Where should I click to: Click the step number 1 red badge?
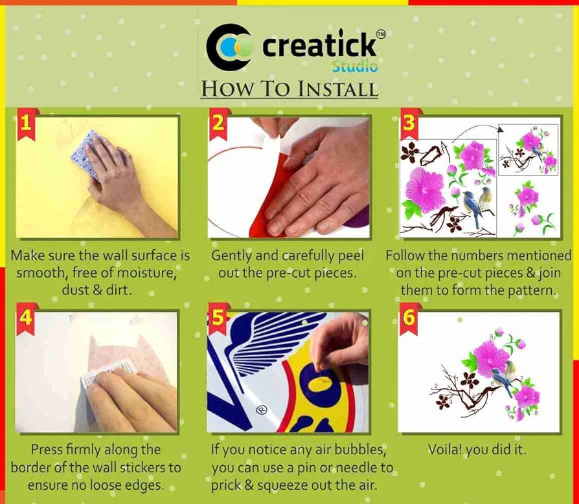pyautogui.click(x=25, y=124)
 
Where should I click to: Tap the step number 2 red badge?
pyautogui.click(x=218, y=124)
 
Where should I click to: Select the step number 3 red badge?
pyautogui.click(x=409, y=124)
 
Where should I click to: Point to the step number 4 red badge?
pyautogui.click(x=25, y=318)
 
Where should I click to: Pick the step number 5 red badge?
pyautogui.click(x=218, y=318)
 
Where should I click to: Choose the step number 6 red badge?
pyautogui.click(x=409, y=318)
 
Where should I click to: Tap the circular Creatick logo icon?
pyautogui.click(x=229, y=47)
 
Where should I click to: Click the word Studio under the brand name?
pyautogui.click(x=354, y=67)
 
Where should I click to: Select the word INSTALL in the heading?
pyautogui.click(x=338, y=89)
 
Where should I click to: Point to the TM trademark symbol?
pyautogui.click(x=380, y=34)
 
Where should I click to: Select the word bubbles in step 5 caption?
pyautogui.click(x=361, y=450)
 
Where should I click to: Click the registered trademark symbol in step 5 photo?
pyautogui.click(x=262, y=409)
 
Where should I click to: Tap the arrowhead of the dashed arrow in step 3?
pyautogui.click(x=501, y=129)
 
